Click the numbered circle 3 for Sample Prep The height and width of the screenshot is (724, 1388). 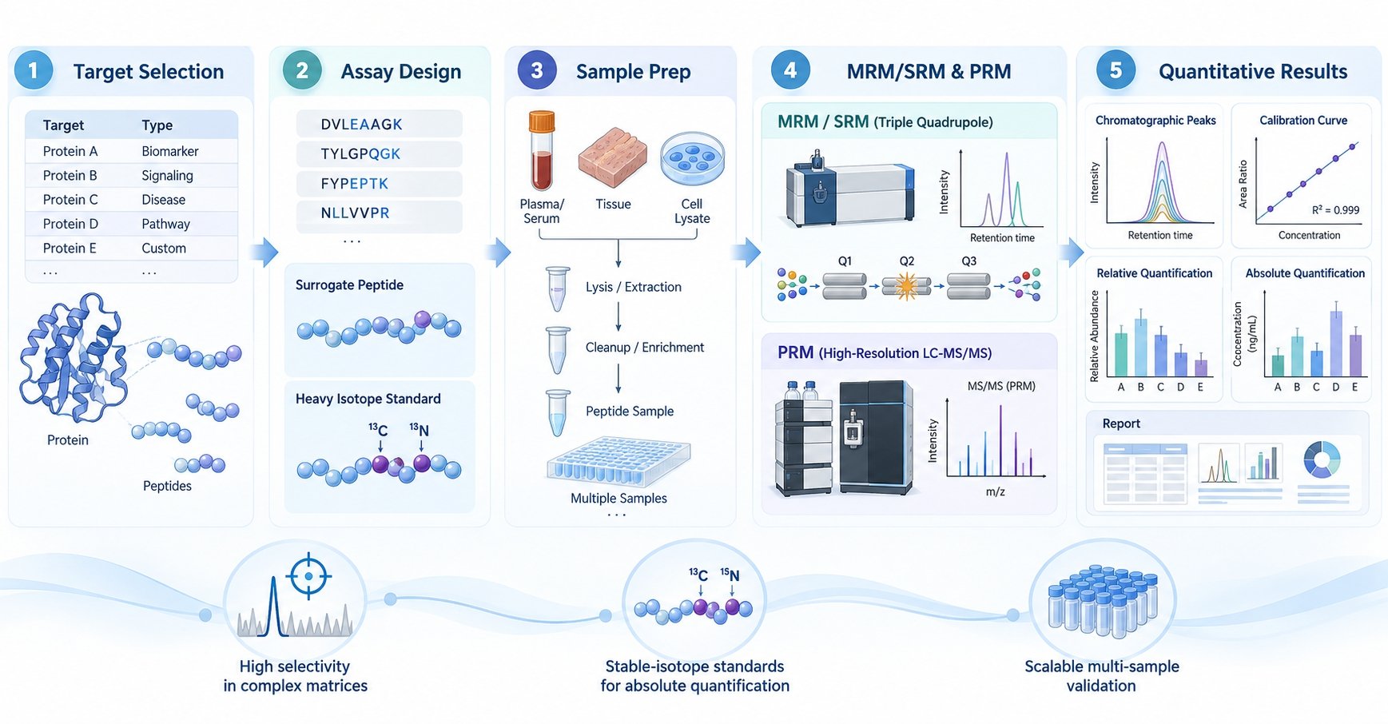pos(537,71)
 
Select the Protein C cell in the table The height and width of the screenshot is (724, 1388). pos(70,200)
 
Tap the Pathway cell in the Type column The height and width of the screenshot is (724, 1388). pos(165,224)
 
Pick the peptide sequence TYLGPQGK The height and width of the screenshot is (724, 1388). pos(360,153)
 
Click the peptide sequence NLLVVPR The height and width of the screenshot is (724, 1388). pos(355,213)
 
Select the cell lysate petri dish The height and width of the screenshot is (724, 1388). pos(692,158)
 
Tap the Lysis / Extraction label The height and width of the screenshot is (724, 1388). pos(633,287)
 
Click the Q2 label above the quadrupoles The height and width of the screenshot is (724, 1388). pos(906,261)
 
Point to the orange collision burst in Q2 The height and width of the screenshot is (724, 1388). pos(906,286)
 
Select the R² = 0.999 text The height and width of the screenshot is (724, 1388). pos(1335,210)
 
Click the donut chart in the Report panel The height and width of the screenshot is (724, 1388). pos(1322,459)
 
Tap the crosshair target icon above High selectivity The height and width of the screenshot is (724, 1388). pos(308,575)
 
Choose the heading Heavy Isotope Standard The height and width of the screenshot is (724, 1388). pos(368,399)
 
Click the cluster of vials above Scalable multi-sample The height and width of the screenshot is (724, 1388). pos(1103,599)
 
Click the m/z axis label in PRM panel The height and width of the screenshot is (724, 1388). pos(995,491)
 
